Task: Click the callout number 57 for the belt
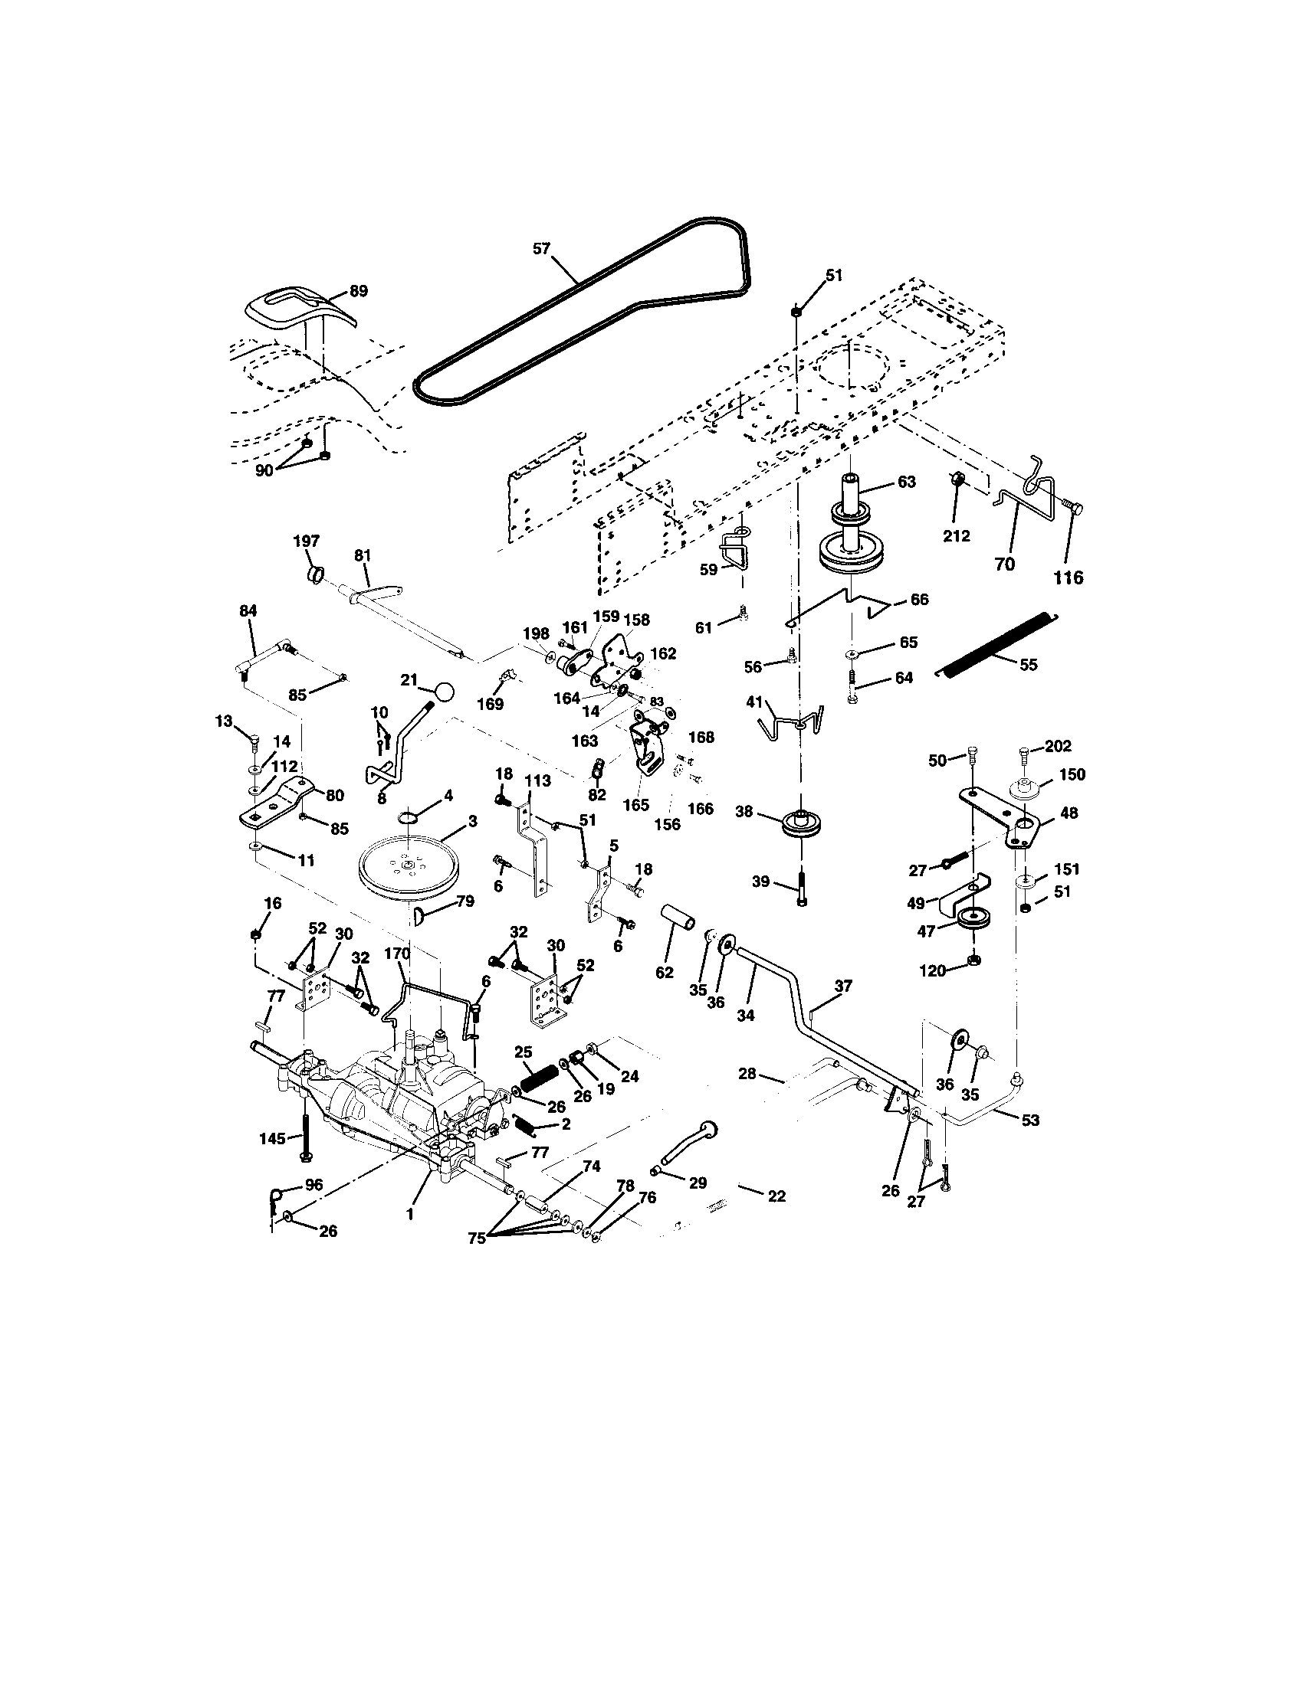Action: pyautogui.click(x=543, y=248)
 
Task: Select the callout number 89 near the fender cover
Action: pyautogui.click(x=358, y=291)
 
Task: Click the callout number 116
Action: pyautogui.click(x=1069, y=577)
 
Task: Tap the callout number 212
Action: pyautogui.click(x=957, y=535)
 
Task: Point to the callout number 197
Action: pyautogui.click(x=307, y=541)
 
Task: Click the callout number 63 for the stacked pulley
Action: pyautogui.click(x=906, y=482)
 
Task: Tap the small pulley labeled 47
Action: pyautogui.click(x=974, y=921)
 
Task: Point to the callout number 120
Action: pyautogui.click(x=933, y=971)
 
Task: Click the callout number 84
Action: pyautogui.click(x=248, y=610)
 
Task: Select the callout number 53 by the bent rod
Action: pyautogui.click(x=1030, y=1121)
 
